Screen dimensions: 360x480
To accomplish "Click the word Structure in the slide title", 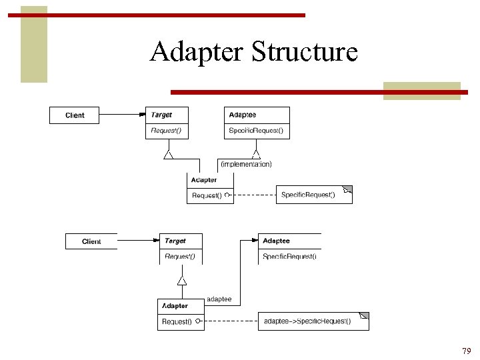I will [305, 52].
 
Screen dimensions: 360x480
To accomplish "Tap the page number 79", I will [466, 351].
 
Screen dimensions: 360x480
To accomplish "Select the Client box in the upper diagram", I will [75, 115].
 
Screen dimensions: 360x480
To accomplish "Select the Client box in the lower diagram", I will [91, 241].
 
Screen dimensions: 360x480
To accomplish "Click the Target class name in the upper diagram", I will [161, 115].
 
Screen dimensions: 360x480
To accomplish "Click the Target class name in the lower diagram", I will [175, 241].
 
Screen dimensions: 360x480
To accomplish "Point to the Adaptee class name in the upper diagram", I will [242, 115].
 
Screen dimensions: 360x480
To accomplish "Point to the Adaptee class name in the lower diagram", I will [276, 241].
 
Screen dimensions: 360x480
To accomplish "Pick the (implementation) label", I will [246, 163].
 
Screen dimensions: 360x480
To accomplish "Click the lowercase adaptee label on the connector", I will [219, 299].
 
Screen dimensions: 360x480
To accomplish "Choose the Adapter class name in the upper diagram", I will [203, 180].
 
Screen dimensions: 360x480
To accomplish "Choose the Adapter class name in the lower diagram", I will [175, 306].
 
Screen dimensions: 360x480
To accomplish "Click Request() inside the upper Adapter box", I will [207, 195].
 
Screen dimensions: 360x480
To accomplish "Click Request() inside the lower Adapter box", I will [177, 322].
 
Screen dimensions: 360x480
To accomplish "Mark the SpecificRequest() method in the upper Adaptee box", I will [256, 131].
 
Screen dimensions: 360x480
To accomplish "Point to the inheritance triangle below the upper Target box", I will [169, 155].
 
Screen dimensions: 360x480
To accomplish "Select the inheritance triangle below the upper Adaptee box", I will [256, 155].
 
